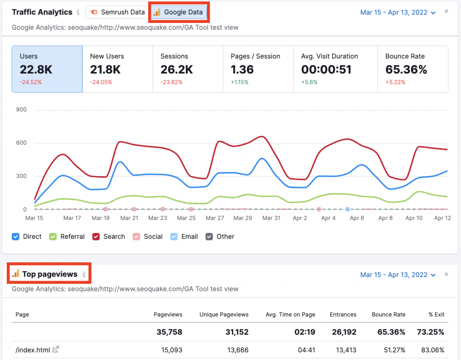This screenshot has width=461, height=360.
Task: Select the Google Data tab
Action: tap(179, 12)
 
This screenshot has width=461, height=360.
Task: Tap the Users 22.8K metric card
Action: tap(47, 69)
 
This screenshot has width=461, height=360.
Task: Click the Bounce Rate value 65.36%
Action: tap(406, 69)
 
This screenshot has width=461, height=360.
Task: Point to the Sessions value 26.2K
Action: tap(176, 69)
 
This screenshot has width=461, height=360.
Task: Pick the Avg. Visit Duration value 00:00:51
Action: tap(326, 69)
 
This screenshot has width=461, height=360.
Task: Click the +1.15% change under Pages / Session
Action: tap(240, 82)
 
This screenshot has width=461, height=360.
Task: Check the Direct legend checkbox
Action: tap(16, 237)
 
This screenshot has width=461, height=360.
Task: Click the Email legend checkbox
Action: tap(174, 237)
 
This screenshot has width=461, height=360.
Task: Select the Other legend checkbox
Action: tap(209, 237)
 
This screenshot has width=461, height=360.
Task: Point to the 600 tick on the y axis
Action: tap(21, 143)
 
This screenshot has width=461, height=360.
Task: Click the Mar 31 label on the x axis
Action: tap(271, 218)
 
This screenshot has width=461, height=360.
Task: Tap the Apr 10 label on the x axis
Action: tap(414, 218)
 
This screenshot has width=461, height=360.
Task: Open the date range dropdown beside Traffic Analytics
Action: tap(398, 13)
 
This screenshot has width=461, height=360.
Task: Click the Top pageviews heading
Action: tap(50, 274)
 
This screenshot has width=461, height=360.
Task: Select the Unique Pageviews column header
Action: tap(224, 314)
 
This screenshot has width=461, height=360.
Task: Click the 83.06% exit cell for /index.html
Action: tap(432, 349)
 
